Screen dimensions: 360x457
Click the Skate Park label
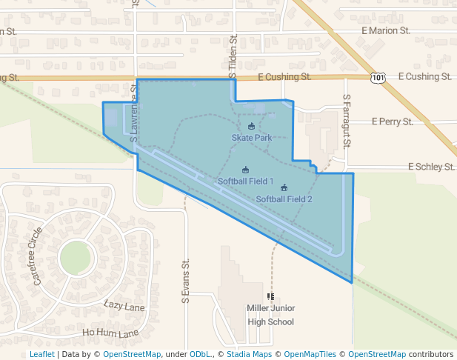[252, 138]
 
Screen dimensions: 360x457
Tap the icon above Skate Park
[251, 127]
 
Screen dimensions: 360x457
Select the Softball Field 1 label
[245, 181]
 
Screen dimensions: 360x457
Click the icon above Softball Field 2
[284, 187]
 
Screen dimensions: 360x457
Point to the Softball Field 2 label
[284, 199]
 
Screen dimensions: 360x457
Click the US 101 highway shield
[378, 77]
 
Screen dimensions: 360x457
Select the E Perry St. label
[392, 121]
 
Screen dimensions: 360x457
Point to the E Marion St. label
[386, 31]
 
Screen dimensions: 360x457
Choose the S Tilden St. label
[233, 56]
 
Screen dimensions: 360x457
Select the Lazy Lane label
[124, 305]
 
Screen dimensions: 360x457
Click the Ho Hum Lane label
[110, 333]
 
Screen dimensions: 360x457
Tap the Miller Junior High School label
[270, 315]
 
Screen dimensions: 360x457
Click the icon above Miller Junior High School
[270, 296]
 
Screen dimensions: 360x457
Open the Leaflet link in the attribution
[41, 354]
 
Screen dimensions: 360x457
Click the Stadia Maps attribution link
[247, 354]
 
